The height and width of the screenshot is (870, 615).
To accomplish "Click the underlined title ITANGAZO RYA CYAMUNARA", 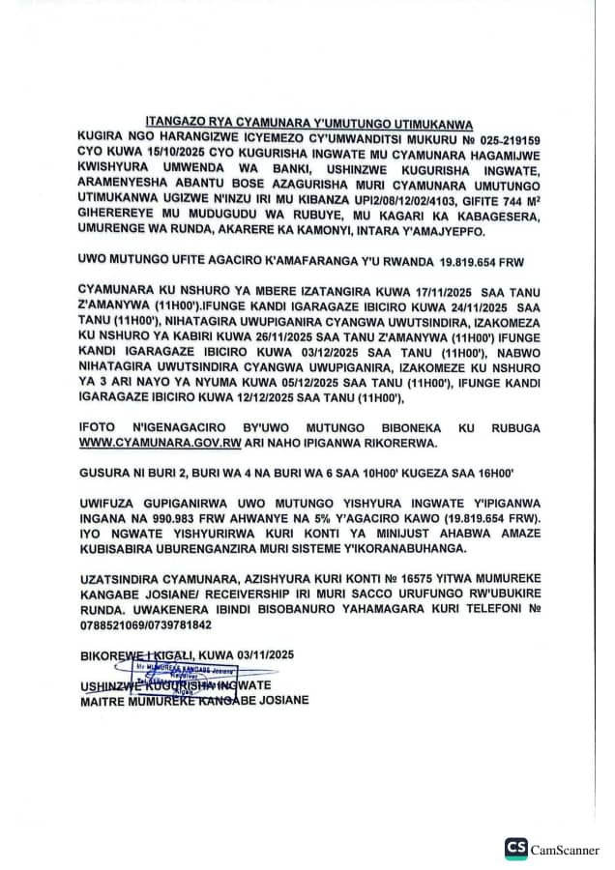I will coord(307,124).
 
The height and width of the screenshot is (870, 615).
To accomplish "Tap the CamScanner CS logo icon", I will coord(515,849).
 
